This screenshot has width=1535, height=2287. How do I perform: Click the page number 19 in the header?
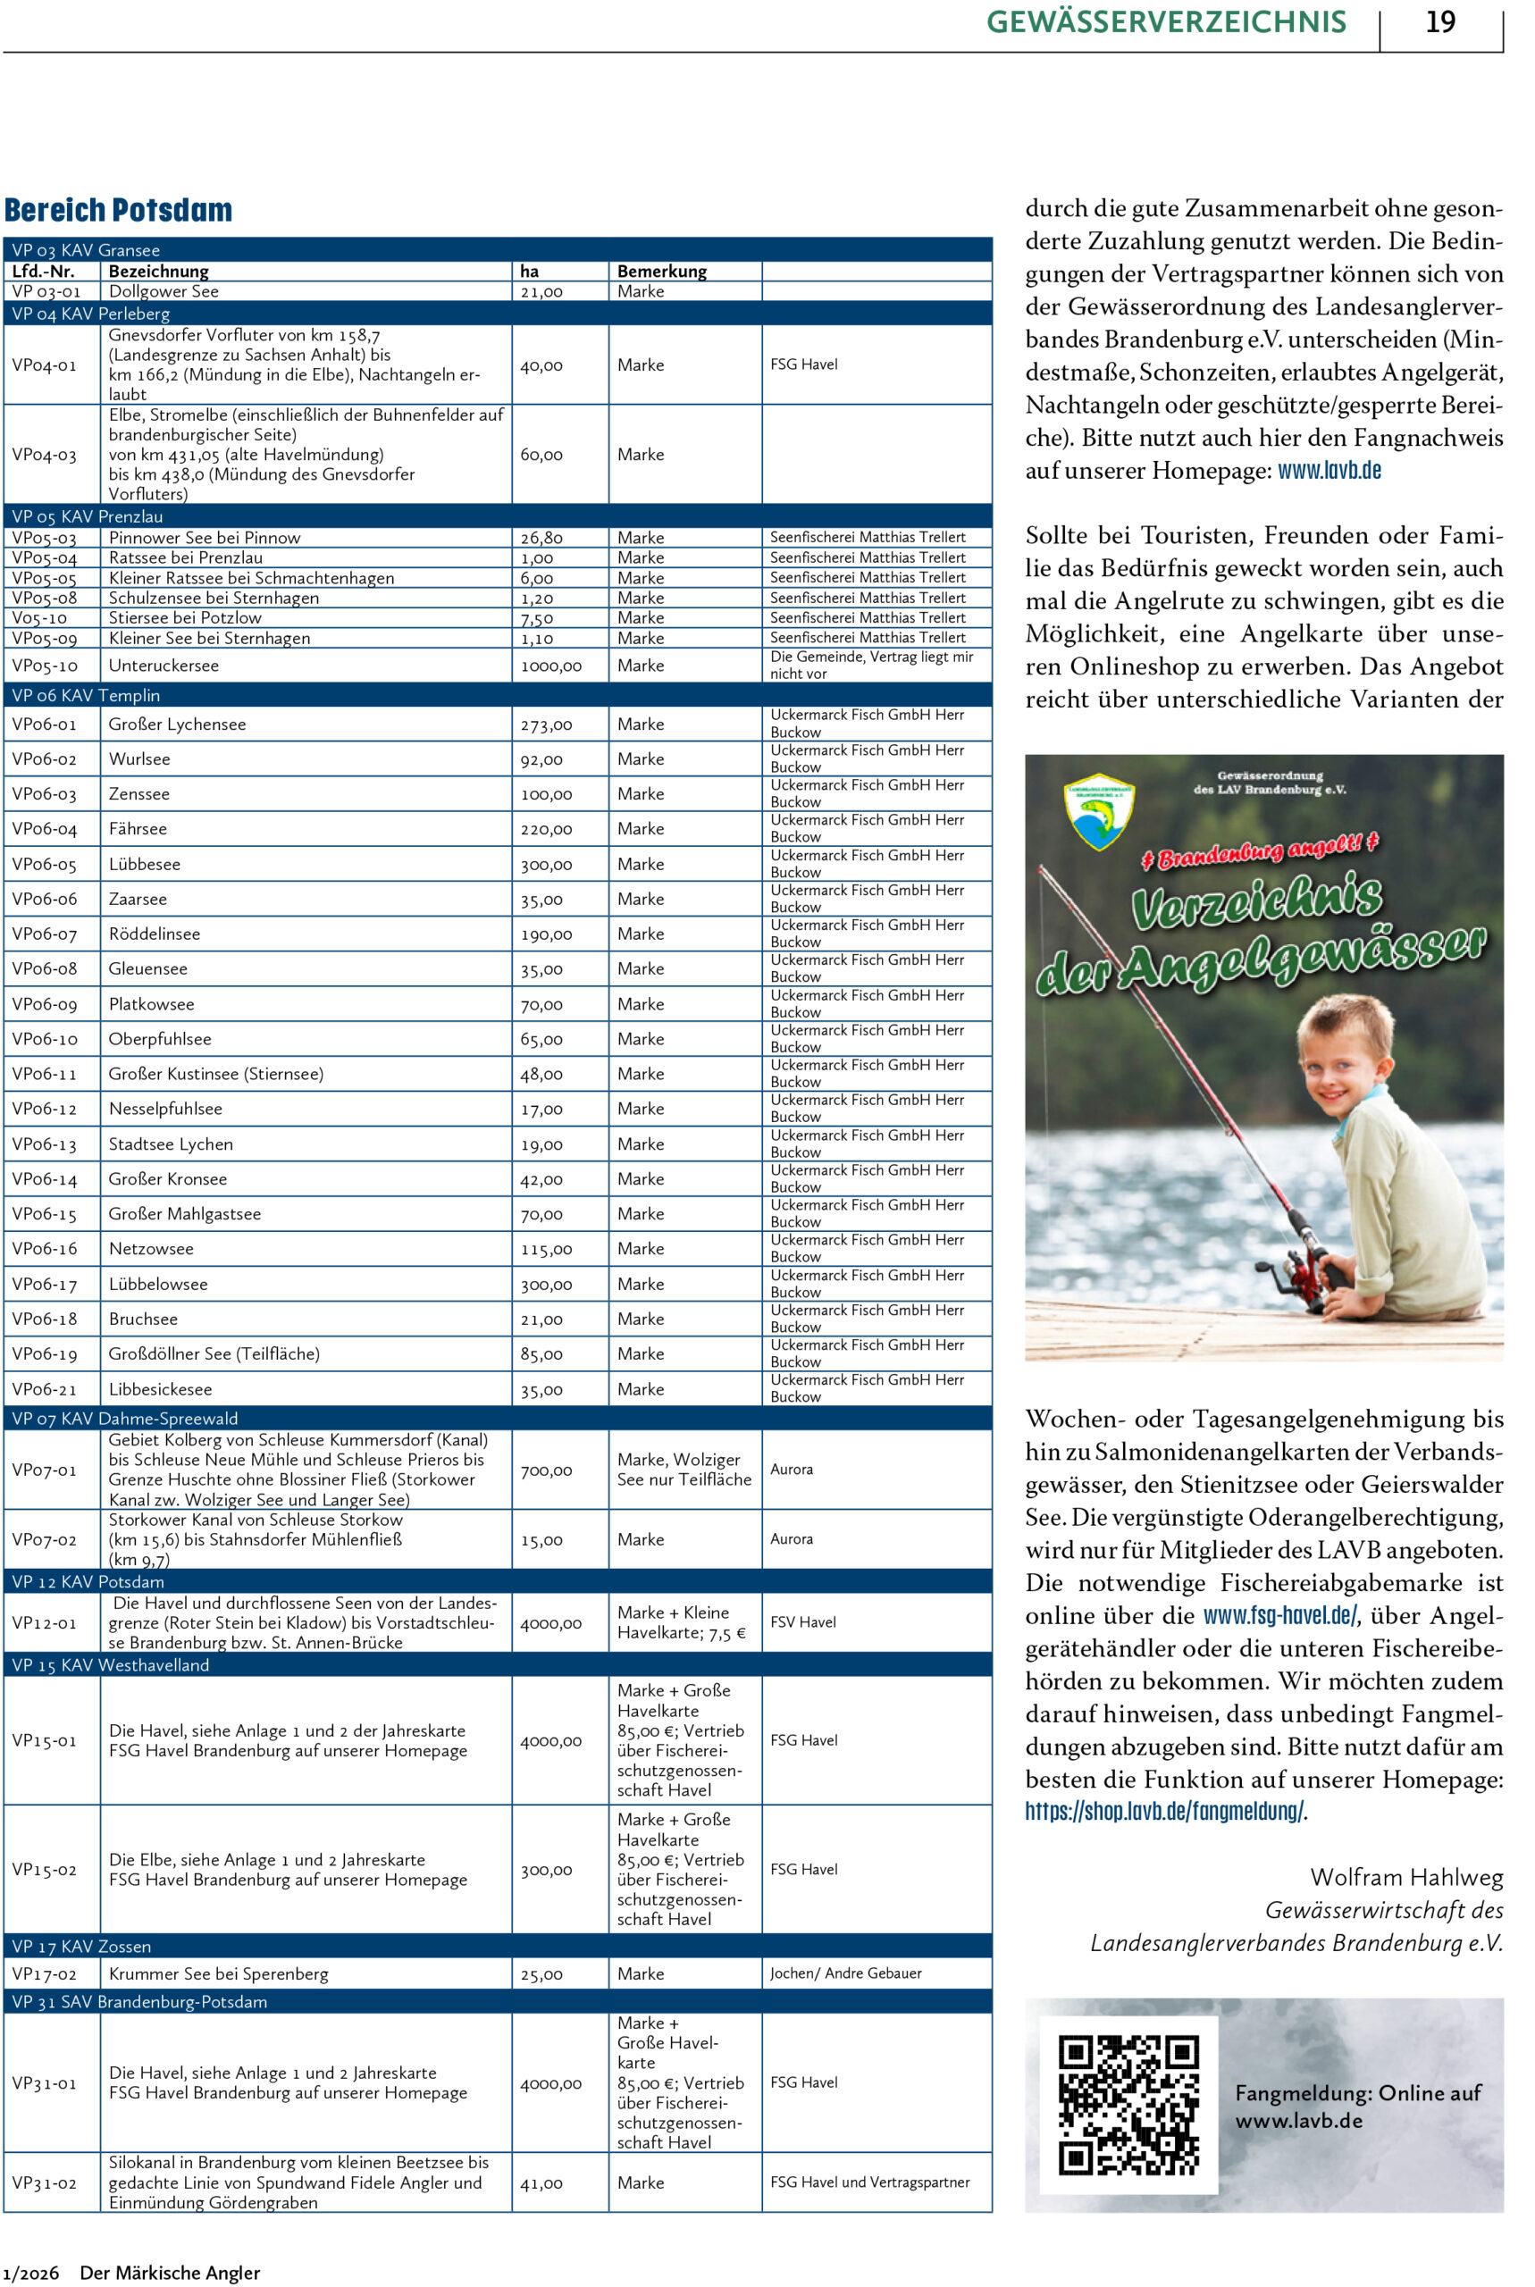1439,21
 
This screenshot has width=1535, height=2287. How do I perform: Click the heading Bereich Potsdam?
119,211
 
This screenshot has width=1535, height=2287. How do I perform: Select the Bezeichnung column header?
158,271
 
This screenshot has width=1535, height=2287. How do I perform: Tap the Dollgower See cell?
164,291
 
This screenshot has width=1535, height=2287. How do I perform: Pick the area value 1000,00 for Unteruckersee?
550,666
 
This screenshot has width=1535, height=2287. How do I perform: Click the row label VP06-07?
44,934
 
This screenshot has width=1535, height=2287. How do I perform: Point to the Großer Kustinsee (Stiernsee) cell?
215,1074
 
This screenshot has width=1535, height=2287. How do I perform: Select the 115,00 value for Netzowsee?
546,1249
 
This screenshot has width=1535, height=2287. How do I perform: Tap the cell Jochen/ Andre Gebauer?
845,1973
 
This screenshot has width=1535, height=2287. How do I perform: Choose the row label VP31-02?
44,2182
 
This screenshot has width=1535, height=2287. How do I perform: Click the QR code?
1128,2104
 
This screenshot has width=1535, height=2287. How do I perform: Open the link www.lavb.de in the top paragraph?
1329,471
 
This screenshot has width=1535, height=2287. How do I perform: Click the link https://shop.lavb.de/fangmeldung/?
1164,1811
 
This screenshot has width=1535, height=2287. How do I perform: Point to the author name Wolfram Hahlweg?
1405,1876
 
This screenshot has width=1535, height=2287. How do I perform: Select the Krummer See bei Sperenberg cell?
218,1973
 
